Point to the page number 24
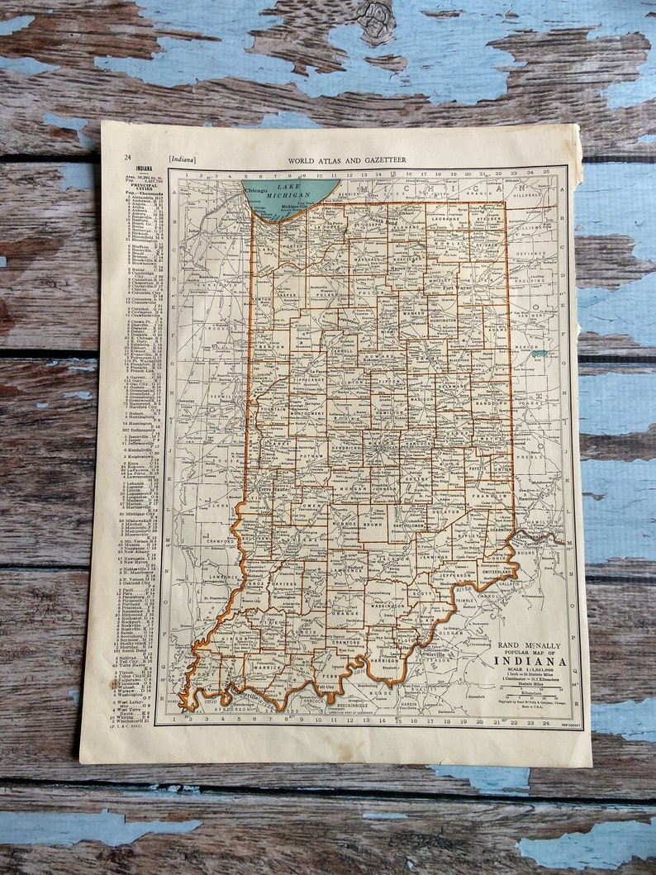(x=127, y=157)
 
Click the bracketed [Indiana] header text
(x=182, y=159)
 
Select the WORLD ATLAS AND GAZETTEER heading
(x=346, y=159)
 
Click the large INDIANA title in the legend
(x=530, y=661)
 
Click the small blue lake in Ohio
(x=540, y=354)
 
